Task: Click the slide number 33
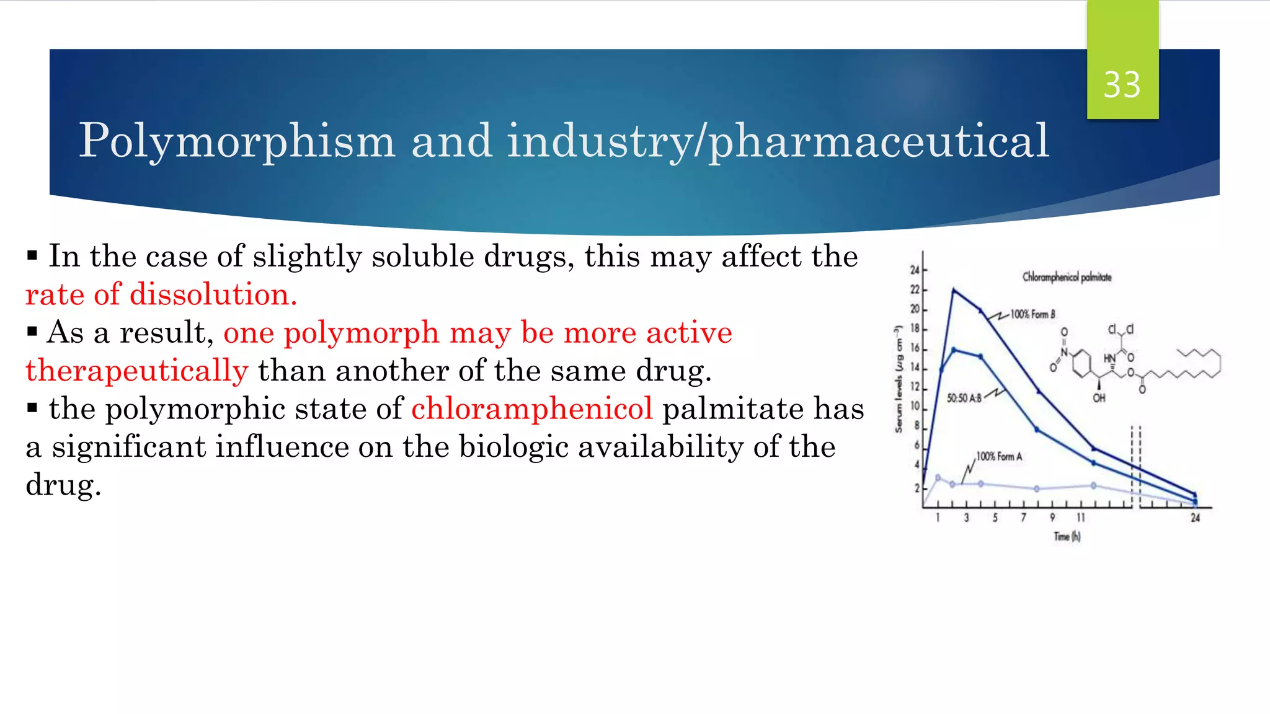click(x=1122, y=85)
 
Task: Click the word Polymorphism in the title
click(x=237, y=141)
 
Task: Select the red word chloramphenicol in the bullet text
click(x=532, y=409)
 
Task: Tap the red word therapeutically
click(x=136, y=371)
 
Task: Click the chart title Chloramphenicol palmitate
click(x=1067, y=277)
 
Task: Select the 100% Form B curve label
click(x=1032, y=314)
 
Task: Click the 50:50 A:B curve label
click(x=964, y=398)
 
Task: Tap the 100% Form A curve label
click(x=999, y=457)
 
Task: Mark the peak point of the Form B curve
click(x=954, y=289)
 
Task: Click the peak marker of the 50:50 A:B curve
click(x=954, y=350)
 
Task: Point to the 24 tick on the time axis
click(x=1195, y=518)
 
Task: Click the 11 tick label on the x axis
click(x=1081, y=518)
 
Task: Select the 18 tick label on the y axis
click(x=915, y=328)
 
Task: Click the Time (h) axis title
click(x=1067, y=537)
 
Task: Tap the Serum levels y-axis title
click(x=898, y=379)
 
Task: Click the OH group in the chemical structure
click(x=1099, y=398)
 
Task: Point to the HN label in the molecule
click(x=1109, y=358)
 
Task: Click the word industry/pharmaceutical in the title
click(x=778, y=141)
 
